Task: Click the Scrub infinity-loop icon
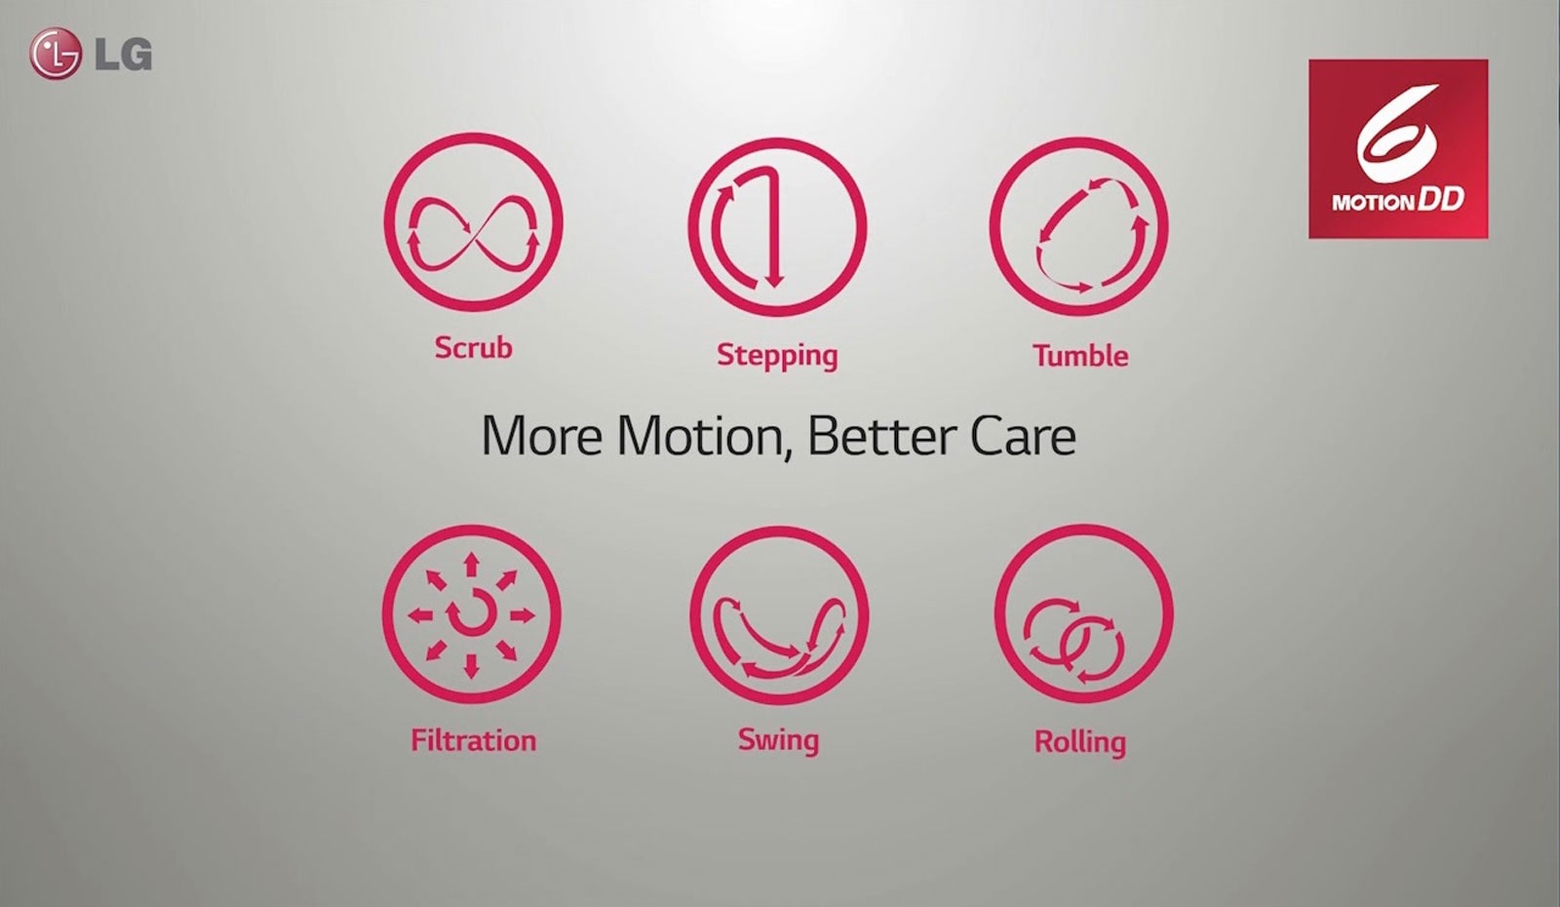[474, 224]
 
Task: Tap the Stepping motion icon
[777, 227]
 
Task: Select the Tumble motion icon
[1079, 227]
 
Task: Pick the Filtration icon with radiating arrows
[472, 614]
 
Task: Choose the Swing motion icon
[778, 615]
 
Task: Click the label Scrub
[473, 347]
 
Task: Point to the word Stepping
[777, 355]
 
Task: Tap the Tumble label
[1080, 355]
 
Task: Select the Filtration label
[473, 740]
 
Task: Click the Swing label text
[778, 740]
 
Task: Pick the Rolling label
[1080, 742]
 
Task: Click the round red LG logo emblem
[55, 54]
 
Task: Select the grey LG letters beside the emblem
[124, 55]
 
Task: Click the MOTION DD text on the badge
[1398, 201]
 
